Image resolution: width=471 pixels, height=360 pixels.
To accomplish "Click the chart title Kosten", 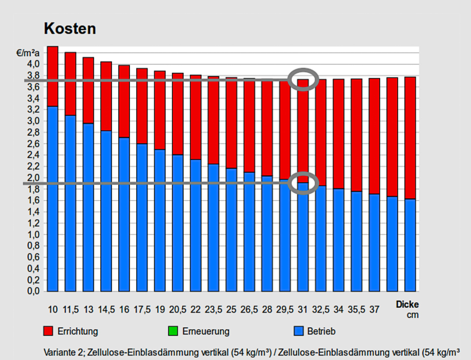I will [70, 28].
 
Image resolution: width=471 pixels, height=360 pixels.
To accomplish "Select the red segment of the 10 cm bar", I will [53, 76].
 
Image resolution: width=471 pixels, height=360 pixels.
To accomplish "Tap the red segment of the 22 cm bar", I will [195, 117].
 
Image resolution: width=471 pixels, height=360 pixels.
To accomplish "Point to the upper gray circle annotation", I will [304, 79].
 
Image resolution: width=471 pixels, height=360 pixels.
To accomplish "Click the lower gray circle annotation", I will [304, 183].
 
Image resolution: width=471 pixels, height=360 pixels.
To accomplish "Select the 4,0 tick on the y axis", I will [33, 64].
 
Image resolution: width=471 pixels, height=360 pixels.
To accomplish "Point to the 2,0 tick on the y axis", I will [33, 178].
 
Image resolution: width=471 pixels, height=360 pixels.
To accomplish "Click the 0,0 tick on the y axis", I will [33, 292].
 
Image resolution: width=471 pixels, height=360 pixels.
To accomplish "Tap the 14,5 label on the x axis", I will [106, 309].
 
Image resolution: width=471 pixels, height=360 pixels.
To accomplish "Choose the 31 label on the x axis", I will [302, 309].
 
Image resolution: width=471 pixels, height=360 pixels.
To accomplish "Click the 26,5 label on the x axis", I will [249, 309].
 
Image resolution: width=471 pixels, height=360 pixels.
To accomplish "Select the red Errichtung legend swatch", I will [48, 331].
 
